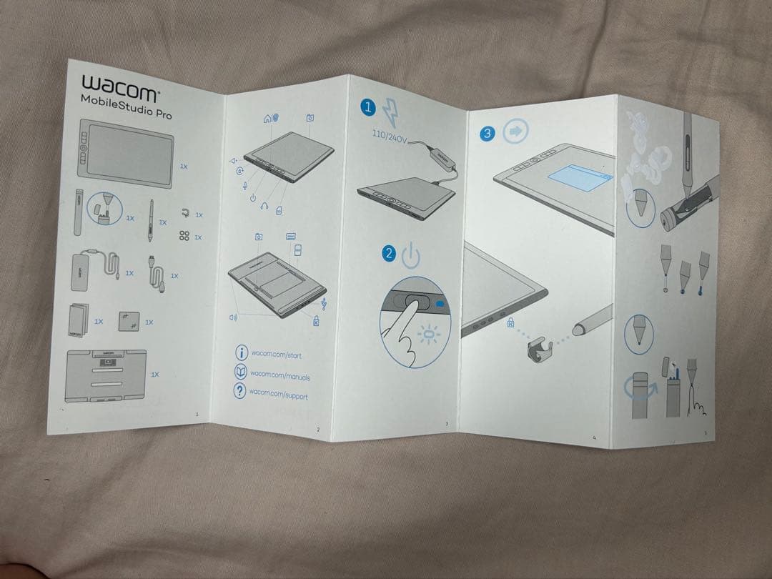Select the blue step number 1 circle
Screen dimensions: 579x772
(368, 108)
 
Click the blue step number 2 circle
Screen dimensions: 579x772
(389, 252)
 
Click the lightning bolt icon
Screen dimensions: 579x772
(392, 112)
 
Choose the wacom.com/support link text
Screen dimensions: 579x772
(278, 394)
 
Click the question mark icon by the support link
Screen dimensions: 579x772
(240, 390)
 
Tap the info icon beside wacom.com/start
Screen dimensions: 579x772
(242, 352)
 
